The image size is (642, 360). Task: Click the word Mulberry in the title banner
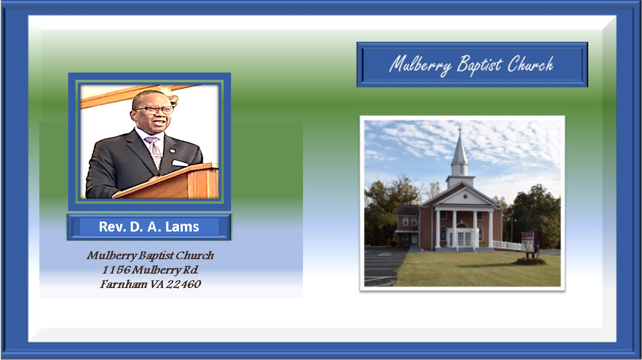(x=420, y=65)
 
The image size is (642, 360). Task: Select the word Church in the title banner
(x=531, y=64)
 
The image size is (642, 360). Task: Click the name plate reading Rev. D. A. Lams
(x=149, y=227)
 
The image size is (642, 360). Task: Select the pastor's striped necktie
(x=154, y=152)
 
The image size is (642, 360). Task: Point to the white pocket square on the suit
(x=179, y=163)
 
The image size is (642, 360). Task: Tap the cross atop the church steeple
(x=460, y=131)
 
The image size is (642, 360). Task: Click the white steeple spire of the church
(x=460, y=150)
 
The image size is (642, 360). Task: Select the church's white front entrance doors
(x=464, y=238)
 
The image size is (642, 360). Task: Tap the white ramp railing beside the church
(x=507, y=245)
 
